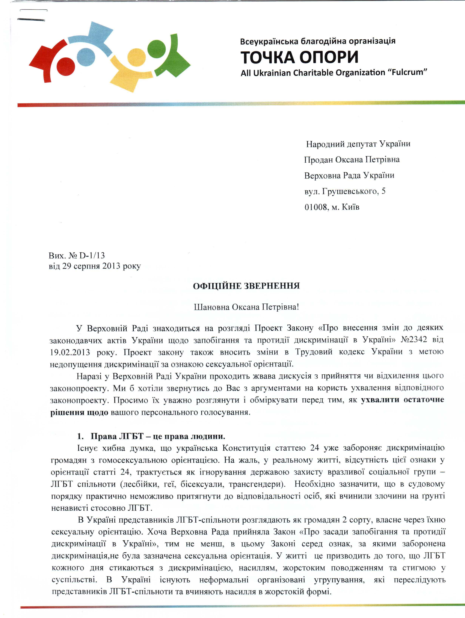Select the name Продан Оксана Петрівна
coord(352,160)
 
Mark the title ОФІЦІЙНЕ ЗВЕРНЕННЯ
coord(246,286)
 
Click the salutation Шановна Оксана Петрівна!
coord(246,307)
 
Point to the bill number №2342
coord(414,340)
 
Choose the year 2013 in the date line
coord(111,266)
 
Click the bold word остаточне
coord(424,399)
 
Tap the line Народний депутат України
coord(358,144)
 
